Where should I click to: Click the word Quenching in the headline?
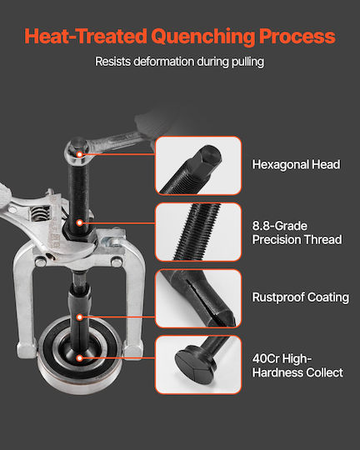[202, 37]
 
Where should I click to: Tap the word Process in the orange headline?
[297, 36]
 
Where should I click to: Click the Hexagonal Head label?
[296, 165]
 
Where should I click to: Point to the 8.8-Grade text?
[280, 226]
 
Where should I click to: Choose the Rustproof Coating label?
[301, 297]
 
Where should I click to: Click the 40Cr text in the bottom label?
[266, 358]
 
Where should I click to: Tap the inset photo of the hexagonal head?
[198, 166]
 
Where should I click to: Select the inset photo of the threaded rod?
[198, 232]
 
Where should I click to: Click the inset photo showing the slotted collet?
[198, 298]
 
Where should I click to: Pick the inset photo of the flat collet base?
[198, 365]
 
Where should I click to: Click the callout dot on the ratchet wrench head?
[79, 154]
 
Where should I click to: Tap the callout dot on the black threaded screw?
[79, 222]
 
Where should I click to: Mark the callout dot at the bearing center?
[79, 357]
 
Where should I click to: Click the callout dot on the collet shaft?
[79, 317]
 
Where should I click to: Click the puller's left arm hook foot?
[27, 349]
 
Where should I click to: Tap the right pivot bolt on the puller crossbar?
[117, 262]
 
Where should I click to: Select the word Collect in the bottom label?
[324, 372]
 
